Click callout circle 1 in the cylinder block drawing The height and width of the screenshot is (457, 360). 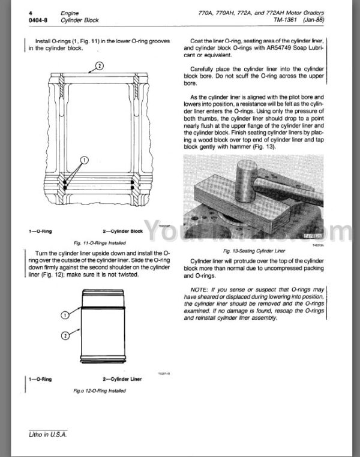pyautogui.click(x=83, y=161)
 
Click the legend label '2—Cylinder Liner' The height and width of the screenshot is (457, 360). pyautogui.click(x=125, y=380)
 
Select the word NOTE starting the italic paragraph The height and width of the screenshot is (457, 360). pyautogui.click(x=200, y=290)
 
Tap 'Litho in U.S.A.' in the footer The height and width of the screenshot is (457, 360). pyautogui.click(x=44, y=434)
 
